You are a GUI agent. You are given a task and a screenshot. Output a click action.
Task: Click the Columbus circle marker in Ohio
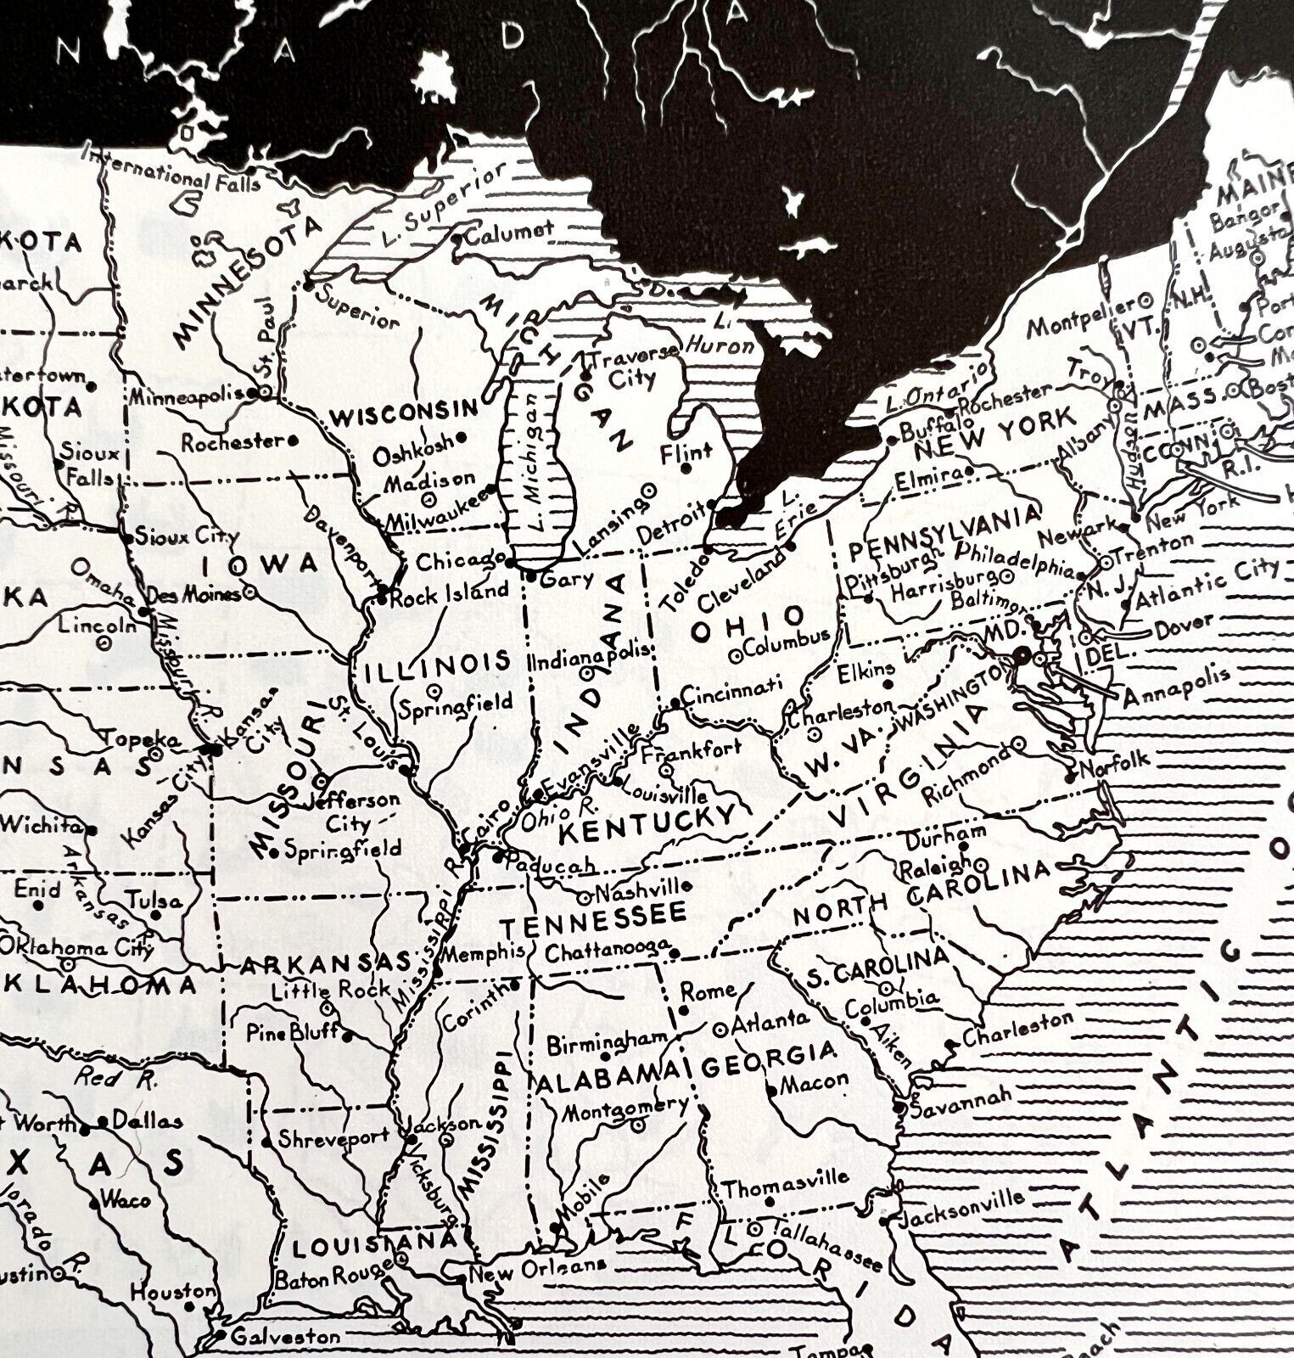point(737,654)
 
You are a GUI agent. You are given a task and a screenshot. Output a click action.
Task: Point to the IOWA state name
point(260,564)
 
